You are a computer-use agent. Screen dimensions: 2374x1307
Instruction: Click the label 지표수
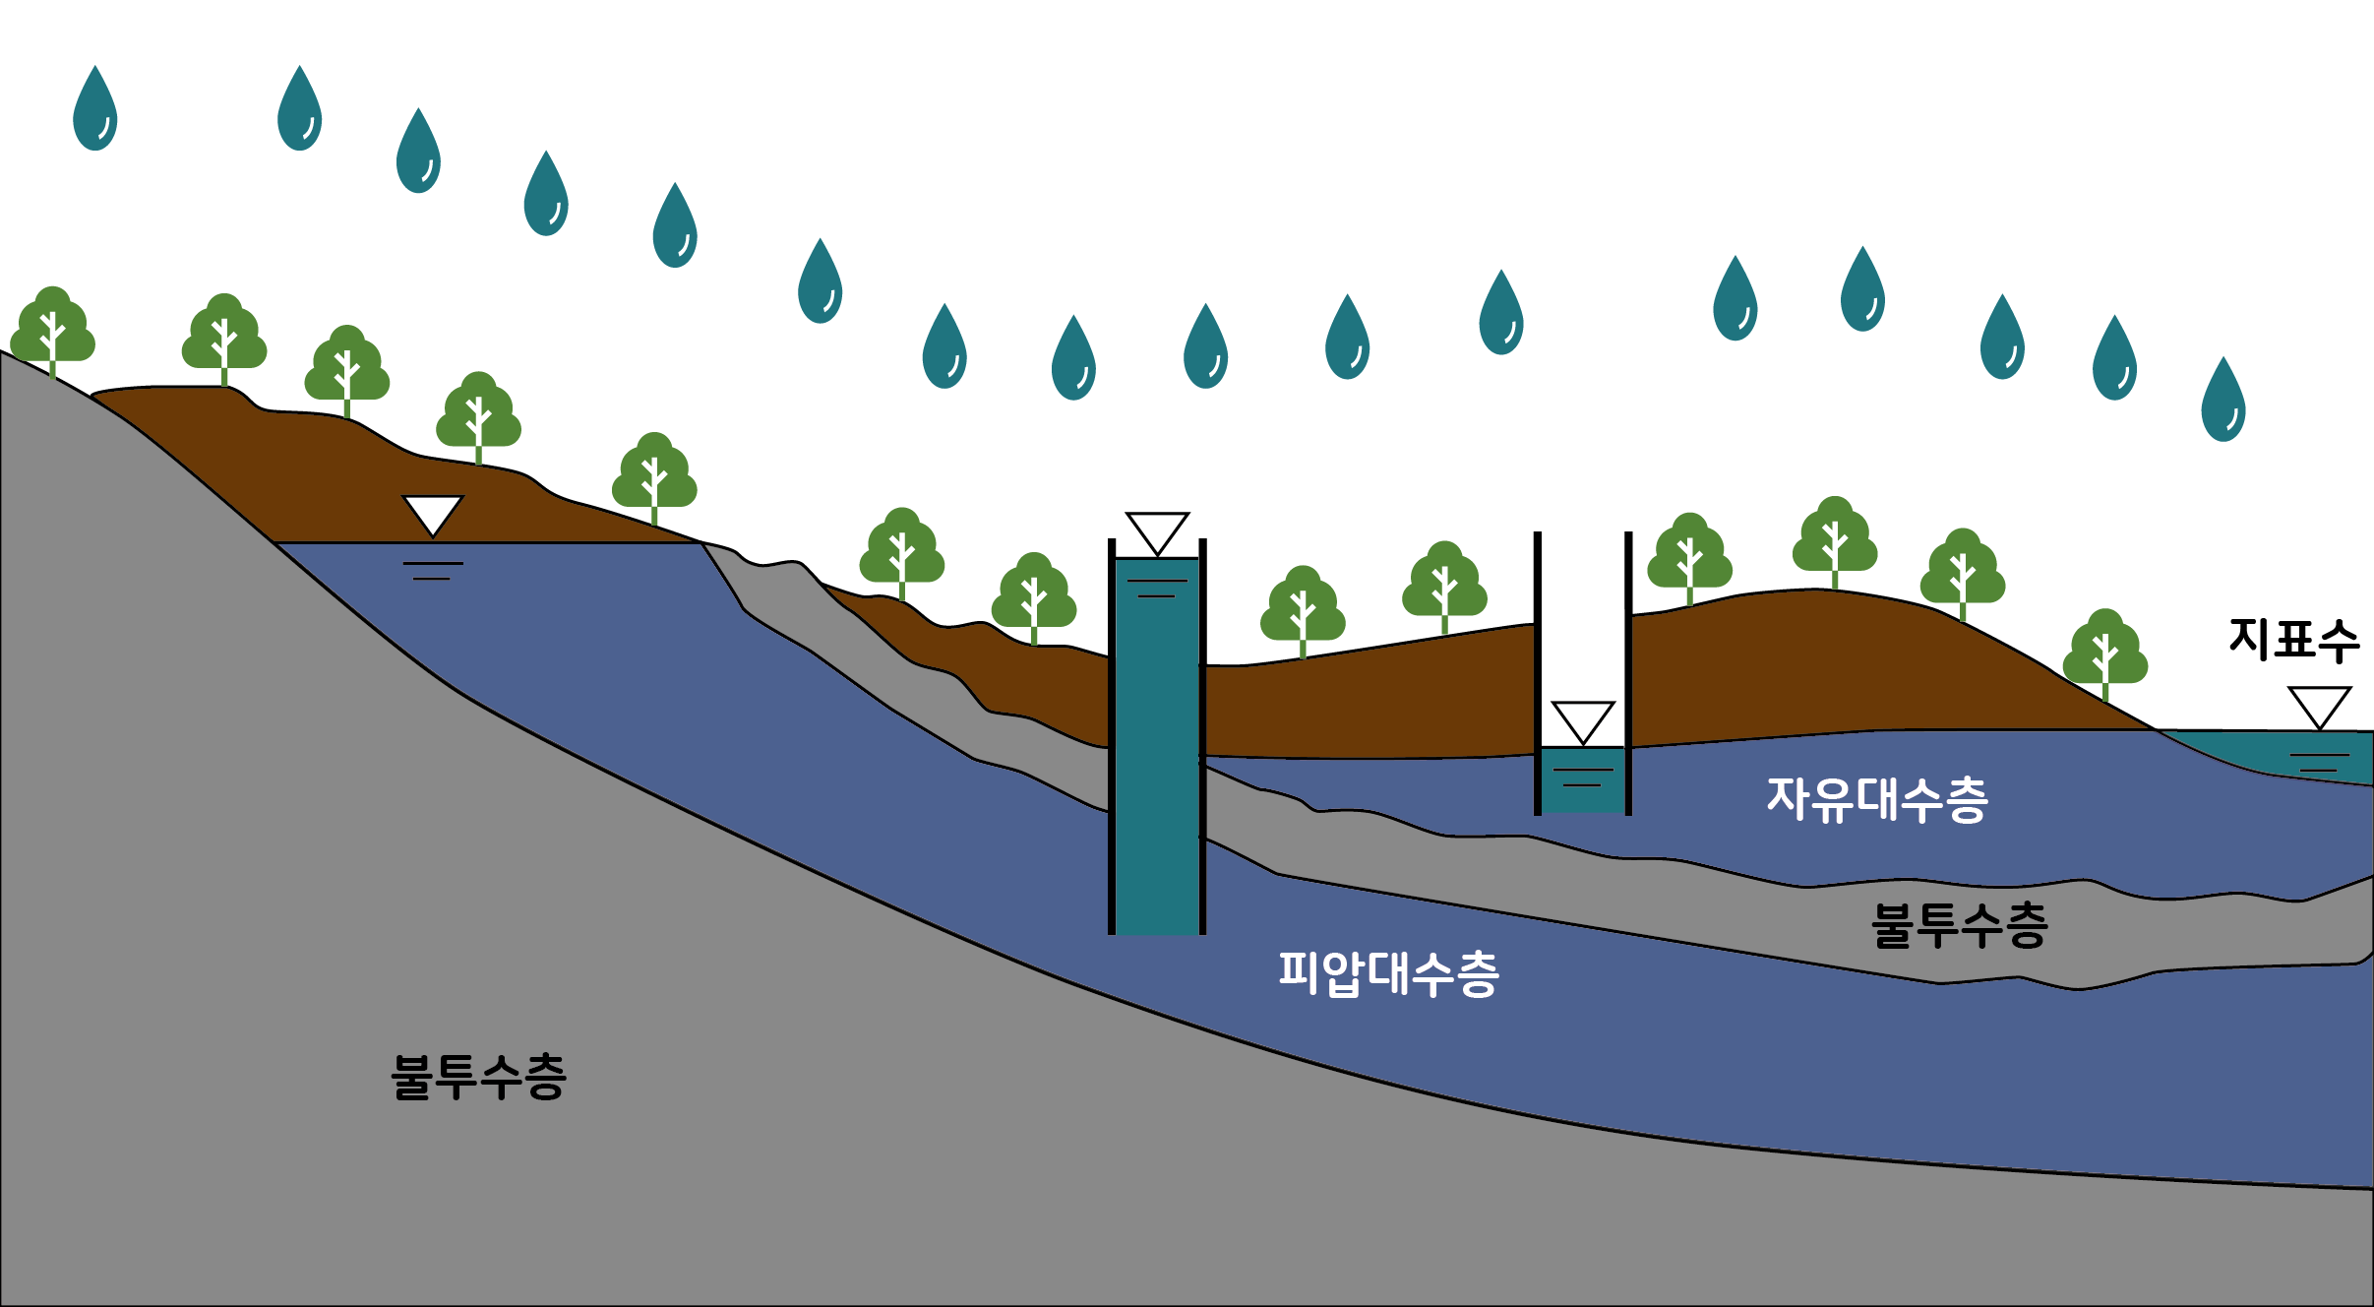(2293, 640)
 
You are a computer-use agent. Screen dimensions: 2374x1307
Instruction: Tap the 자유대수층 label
(1877, 799)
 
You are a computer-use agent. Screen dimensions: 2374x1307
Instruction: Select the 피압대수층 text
(1388, 974)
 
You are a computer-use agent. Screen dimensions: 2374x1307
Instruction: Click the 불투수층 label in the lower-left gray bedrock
(478, 1077)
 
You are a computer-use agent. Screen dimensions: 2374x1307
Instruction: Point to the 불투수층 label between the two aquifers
(1959, 926)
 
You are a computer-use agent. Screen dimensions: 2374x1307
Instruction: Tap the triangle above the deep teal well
(1157, 532)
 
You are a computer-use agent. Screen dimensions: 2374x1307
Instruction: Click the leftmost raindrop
(95, 110)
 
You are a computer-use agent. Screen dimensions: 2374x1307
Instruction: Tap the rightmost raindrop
(2222, 401)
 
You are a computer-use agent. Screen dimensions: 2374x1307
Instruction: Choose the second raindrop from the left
(299, 110)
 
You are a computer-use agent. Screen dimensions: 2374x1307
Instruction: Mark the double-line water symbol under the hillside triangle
(432, 571)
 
